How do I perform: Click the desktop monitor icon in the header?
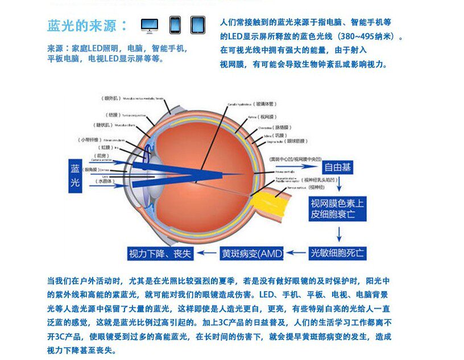pos(150,25)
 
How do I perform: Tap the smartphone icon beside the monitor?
pos(175,24)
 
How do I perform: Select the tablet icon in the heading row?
pos(197,24)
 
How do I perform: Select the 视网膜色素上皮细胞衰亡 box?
pos(337,209)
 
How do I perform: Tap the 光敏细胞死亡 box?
pos(337,253)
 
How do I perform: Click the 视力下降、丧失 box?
pos(160,254)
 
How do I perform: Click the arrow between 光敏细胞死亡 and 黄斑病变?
pos(296,253)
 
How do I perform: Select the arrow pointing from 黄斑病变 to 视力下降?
pos(208,254)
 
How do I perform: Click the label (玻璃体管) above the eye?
pos(265,104)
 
